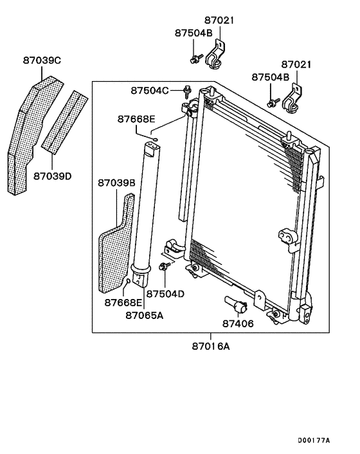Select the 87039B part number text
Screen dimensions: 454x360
[116, 183]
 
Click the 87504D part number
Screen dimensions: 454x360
[165, 293]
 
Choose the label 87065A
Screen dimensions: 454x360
[144, 315]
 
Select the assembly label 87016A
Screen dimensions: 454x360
[210, 347]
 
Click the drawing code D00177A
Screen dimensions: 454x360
[313, 440]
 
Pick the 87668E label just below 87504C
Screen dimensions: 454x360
[136, 119]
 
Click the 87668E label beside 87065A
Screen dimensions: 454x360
[123, 302]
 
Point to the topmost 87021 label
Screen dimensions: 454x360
[220, 21]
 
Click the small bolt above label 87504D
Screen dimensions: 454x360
[165, 266]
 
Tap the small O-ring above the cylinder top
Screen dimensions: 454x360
[154, 136]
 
